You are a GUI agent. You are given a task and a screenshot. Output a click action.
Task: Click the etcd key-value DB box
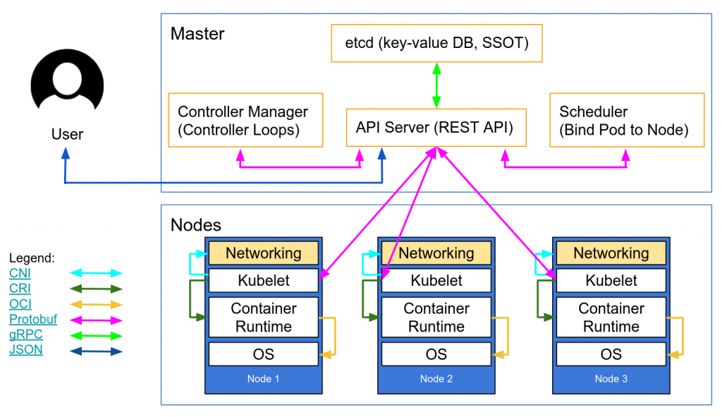point(436,43)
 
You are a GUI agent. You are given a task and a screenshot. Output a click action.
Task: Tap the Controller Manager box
point(245,120)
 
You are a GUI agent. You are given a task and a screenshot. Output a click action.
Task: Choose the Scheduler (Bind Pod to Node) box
point(626,120)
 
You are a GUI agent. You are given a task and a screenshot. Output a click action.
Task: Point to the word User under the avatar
point(68,134)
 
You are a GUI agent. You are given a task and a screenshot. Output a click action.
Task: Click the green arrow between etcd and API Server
point(436,85)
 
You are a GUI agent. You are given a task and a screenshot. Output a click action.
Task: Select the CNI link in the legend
point(20,273)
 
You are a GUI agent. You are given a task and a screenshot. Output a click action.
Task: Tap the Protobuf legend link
point(32,320)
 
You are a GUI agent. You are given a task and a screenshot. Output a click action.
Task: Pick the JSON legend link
point(26,350)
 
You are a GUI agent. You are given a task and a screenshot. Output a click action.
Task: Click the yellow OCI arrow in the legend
point(96,304)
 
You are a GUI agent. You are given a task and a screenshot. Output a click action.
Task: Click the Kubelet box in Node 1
point(263,280)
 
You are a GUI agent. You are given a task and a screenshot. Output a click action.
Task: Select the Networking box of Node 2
point(436,253)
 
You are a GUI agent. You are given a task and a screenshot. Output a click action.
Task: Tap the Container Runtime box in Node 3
point(611,318)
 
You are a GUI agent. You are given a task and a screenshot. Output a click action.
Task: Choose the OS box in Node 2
point(436,354)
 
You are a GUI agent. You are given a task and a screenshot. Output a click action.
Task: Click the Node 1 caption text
point(263,379)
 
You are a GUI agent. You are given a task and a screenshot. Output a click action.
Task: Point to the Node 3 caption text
point(611,379)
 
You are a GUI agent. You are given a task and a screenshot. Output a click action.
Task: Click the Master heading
point(197,33)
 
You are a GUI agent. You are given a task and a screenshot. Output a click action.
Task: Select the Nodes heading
point(196,225)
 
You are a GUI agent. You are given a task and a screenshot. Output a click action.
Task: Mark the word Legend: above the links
point(32,259)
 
